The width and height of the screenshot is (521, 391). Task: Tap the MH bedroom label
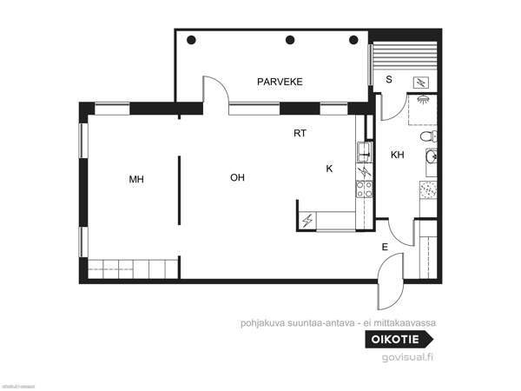click(x=135, y=180)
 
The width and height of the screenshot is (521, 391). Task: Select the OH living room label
click(x=237, y=177)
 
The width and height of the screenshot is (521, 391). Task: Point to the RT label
click(x=300, y=134)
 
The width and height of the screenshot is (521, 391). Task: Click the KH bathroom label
click(x=398, y=156)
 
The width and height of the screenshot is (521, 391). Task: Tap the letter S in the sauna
click(x=389, y=80)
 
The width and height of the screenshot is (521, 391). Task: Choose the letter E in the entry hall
click(x=384, y=248)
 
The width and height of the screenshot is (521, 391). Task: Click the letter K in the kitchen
click(x=329, y=168)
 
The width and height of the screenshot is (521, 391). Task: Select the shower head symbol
click(x=425, y=98)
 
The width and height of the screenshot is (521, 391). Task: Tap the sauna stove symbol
click(x=420, y=82)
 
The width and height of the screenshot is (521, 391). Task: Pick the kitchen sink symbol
click(x=362, y=153)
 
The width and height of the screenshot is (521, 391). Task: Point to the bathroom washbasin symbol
click(x=430, y=157)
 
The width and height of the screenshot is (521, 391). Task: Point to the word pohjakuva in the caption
click(x=261, y=321)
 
